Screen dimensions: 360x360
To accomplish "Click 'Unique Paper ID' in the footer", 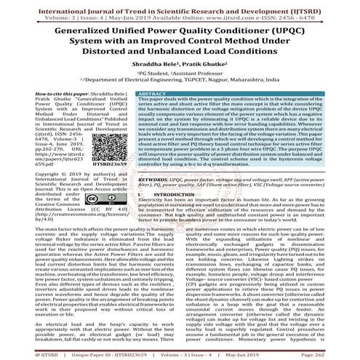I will (73, 354).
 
